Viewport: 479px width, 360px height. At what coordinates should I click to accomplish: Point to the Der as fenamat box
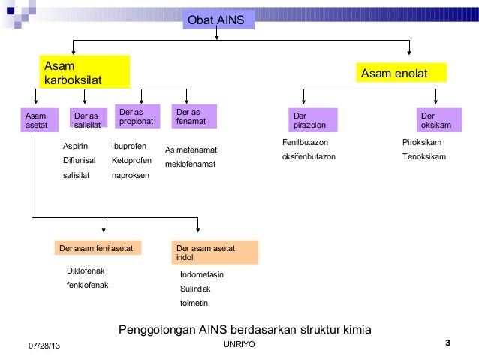[192, 116]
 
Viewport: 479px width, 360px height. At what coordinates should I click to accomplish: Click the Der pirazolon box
[313, 120]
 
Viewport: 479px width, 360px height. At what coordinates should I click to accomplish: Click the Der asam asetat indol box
[215, 253]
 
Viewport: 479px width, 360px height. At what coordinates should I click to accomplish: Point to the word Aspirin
[76, 147]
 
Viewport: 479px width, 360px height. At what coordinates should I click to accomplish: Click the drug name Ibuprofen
[128, 146]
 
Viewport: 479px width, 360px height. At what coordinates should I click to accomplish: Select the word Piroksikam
[422, 142]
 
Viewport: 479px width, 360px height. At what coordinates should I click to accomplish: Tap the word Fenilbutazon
[304, 142]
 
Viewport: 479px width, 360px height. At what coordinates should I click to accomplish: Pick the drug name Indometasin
[202, 274]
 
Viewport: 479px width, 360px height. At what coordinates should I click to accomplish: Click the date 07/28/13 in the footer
[45, 345]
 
